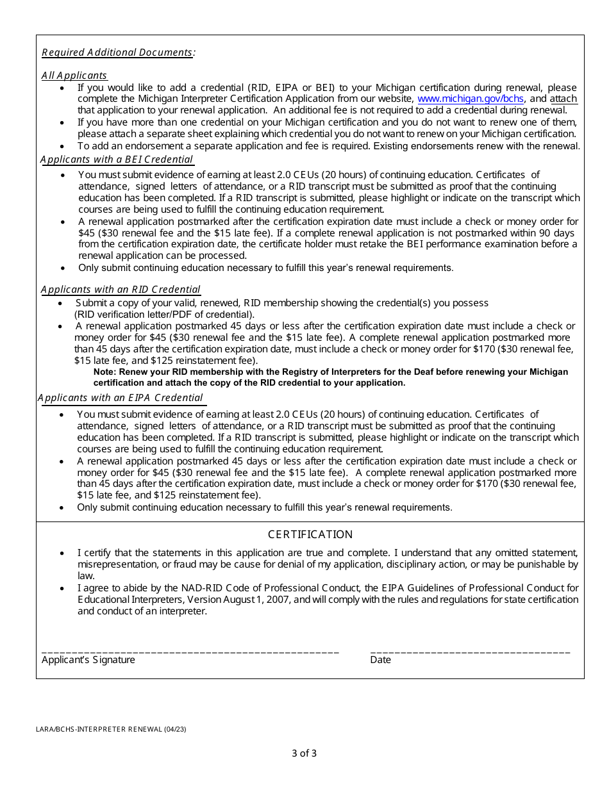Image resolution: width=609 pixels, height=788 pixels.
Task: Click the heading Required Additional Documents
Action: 117,53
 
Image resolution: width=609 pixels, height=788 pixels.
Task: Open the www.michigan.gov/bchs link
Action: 471,99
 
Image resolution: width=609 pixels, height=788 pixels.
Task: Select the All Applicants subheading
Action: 74,76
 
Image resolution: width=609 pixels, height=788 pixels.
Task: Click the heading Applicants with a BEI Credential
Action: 117,160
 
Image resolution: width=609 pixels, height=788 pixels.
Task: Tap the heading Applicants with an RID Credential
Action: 121,290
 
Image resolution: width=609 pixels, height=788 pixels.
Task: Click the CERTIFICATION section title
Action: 310,534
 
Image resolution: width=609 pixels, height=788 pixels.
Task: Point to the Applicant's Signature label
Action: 88,660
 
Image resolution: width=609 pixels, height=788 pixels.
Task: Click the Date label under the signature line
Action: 380,660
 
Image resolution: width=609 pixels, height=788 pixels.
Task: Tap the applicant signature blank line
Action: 190,652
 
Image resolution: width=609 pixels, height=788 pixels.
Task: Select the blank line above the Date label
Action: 470,652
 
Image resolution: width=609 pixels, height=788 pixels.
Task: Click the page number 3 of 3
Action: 304,753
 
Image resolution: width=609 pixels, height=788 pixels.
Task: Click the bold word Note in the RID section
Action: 105,372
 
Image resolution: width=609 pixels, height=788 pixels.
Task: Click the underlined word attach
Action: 563,99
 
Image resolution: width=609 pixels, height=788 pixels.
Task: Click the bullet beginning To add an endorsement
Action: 328,146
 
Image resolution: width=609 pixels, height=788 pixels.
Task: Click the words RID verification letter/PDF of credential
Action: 164,314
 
